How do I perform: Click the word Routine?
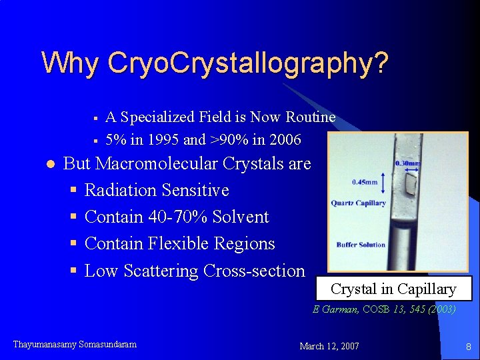pyautogui.click(x=311, y=117)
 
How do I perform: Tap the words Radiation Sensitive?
pyautogui.click(x=157, y=190)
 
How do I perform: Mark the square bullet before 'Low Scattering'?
pyautogui.click(x=74, y=271)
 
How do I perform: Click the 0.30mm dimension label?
pyautogui.click(x=408, y=163)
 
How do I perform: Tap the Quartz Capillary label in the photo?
pyautogui.click(x=359, y=203)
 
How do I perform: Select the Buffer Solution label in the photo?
pyautogui.click(x=361, y=245)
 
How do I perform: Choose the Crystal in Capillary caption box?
pyautogui.click(x=393, y=289)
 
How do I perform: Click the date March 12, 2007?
pyautogui.click(x=329, y=346)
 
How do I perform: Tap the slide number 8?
pyautogui.click(x=468, y=346)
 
